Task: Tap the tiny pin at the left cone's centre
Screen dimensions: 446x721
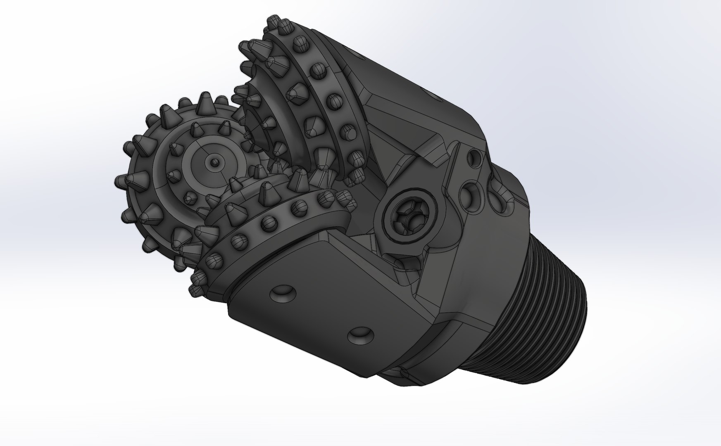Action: [x=213, y=162]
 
